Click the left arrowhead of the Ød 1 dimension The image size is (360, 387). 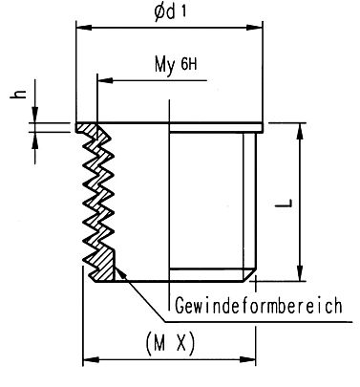[80, 30]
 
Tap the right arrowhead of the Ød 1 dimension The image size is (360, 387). [259, 30]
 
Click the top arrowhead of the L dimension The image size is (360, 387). [303, 129]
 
